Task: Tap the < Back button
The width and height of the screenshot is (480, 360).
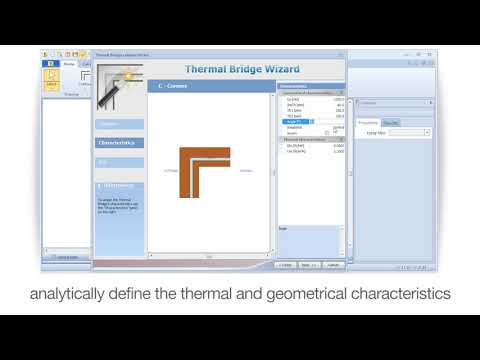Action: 286,265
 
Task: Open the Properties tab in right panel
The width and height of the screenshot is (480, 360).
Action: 368,122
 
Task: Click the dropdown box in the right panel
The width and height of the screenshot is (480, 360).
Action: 411,132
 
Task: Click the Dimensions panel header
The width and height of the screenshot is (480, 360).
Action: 310,87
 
